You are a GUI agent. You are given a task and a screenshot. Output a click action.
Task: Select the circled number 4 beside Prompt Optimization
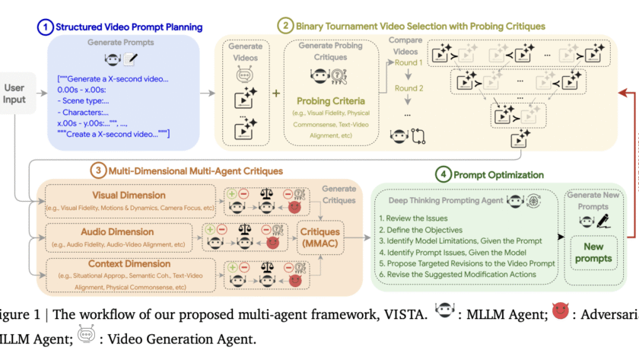(x=443, y=174)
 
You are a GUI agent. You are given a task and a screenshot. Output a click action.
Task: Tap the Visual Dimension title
(x=129, y=196)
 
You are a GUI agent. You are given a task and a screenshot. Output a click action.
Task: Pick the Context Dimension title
(x=130, y=263)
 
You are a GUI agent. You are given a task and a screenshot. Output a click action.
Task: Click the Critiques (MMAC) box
(x=319, y=237)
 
